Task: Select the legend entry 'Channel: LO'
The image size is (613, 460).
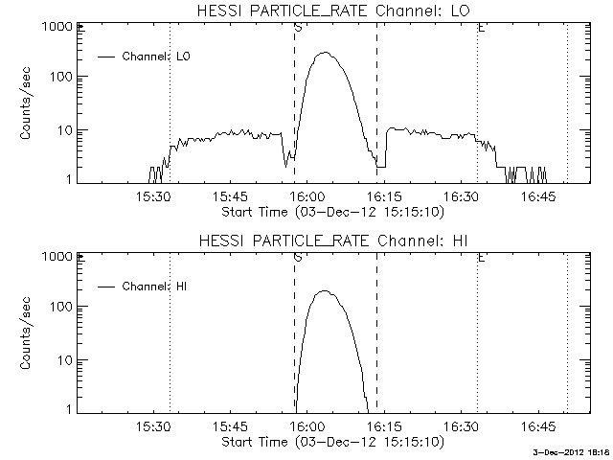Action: click(158, 57)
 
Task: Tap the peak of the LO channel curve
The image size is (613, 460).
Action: click(324, 53)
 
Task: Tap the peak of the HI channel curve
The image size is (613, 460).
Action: click(324, 291)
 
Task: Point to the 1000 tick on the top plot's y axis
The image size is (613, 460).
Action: click(79, 28)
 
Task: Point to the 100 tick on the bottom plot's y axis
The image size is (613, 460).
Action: click(79, 307)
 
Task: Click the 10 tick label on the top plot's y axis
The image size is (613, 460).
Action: click(60, 129)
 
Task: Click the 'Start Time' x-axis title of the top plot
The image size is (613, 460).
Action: click(331, 210)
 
